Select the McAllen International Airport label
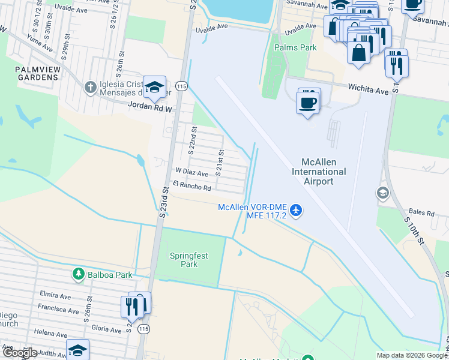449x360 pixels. click(x=319, y=172)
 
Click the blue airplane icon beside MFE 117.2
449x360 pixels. click(x=295, y=210)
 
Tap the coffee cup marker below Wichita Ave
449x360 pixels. click(x=307, y=103)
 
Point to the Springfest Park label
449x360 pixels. click(x=189, y=260)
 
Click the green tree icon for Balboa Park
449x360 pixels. click(x=78, y=274)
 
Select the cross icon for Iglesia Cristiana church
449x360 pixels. click(x=90, y=88)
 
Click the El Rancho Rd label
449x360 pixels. click(x=191, y=187)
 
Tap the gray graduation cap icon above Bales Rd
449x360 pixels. click(x=382, y=193)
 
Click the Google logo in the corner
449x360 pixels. click(x=19, y=353)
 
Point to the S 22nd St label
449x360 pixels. click(x=193, y=140)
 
